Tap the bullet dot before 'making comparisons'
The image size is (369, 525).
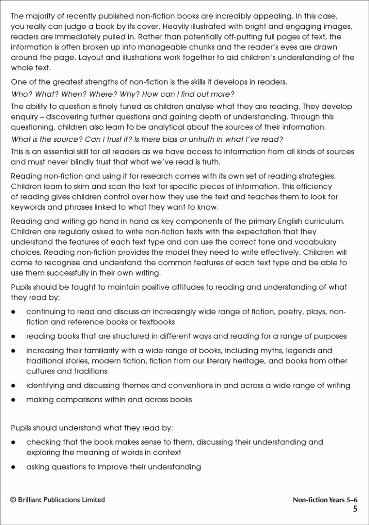[14, 399]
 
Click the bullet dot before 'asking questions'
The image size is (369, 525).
[14, 467]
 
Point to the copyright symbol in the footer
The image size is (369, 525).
[13, 500]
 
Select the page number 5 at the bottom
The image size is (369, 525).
[355, 509]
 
